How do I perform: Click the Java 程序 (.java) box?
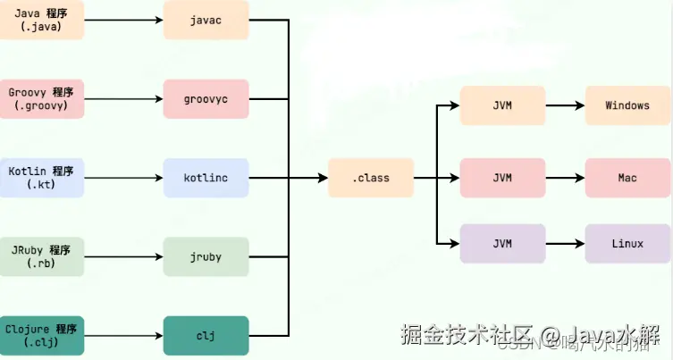(42, 20)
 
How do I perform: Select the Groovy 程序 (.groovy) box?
(42, 98)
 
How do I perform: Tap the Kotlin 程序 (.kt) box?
(42, 177)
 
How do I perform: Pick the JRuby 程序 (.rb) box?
(42, 256)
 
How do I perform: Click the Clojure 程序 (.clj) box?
(42, 335)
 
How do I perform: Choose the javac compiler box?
(205, 20)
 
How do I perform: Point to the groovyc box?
(205, 98)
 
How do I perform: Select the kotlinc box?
(205, 177)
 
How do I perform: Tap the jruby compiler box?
(205, 256)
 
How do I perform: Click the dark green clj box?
(205, 335)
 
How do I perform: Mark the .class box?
(371, 177)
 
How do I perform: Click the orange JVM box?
(502, 105)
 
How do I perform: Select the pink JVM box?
(502, 177)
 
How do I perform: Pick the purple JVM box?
(502, 243)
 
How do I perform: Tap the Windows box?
(627, 105)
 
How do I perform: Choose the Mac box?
(627, 177)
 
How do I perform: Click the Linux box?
(627, 243)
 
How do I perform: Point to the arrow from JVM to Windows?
(565, 105)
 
